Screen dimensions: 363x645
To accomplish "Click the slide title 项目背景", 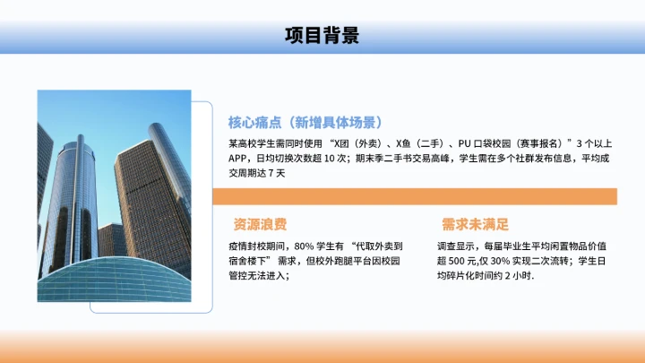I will (322, 36).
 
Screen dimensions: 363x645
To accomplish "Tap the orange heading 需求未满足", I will (476, 223).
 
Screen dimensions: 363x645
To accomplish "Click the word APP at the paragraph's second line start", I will (239, 159).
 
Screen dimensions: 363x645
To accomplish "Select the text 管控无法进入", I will (256, 275).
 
